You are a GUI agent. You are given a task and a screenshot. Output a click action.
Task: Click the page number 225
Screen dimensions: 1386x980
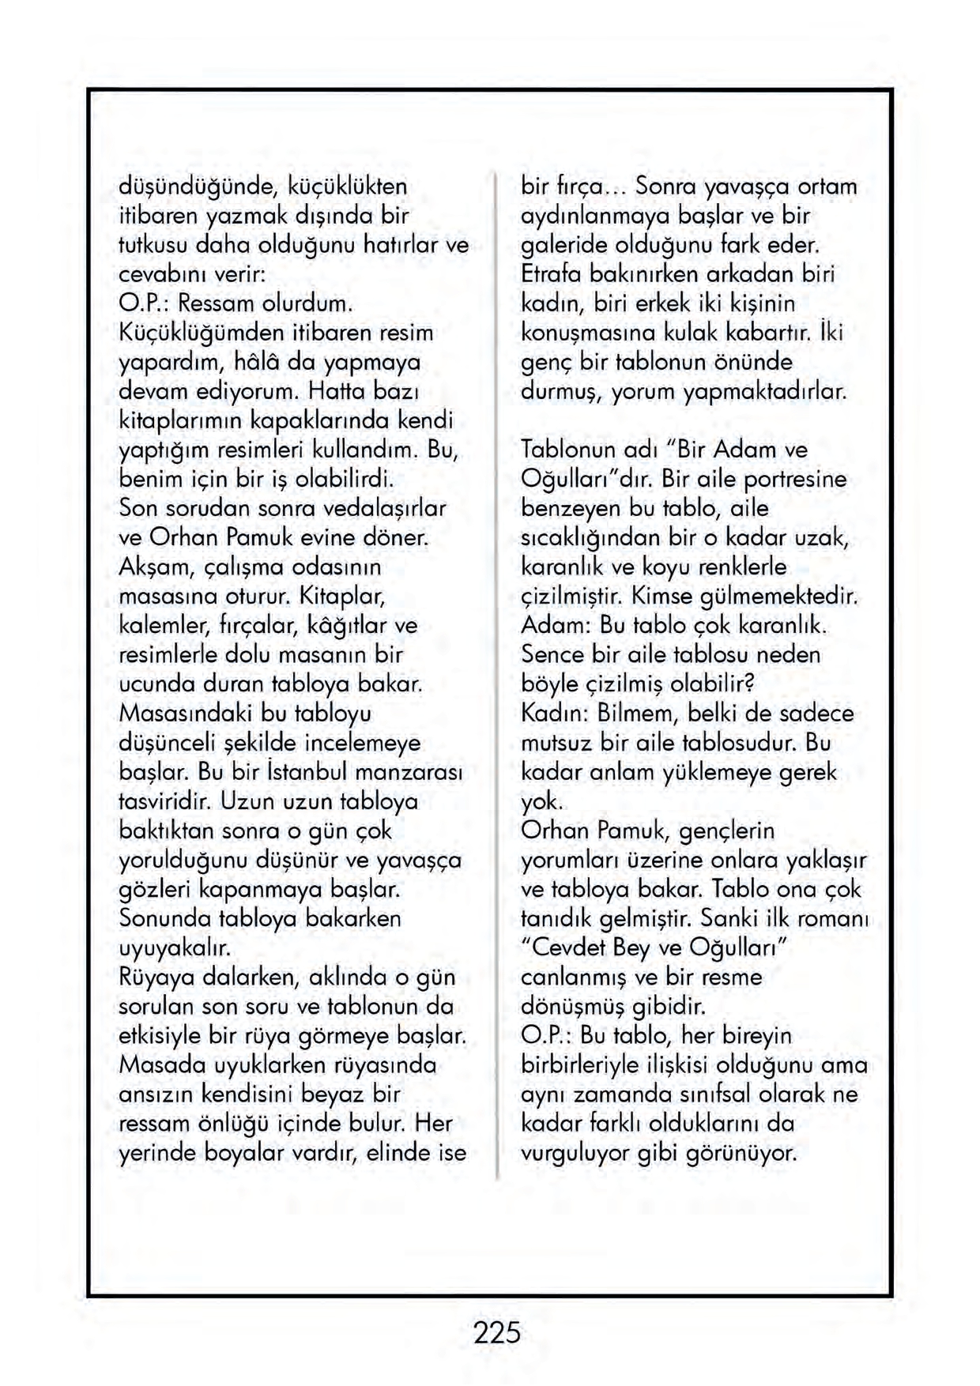497,1332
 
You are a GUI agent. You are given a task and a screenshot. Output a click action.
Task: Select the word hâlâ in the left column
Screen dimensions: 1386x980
298,363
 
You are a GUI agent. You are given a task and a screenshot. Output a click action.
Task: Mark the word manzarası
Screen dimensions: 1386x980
409,771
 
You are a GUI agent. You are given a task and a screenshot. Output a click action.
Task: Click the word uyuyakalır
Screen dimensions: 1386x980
174,947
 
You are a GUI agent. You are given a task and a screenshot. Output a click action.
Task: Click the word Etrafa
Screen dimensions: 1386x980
551,274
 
